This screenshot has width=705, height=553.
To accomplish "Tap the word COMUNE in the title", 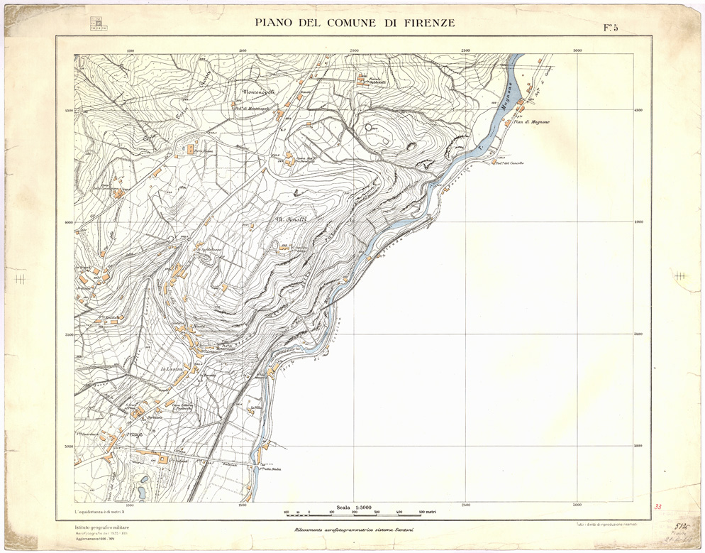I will (348, 23).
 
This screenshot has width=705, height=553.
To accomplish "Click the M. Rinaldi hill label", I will (290, 219).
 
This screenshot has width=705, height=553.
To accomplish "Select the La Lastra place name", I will (172, 369).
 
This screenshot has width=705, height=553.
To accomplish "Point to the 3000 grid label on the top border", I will (577, 50).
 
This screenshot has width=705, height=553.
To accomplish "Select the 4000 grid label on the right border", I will (639, 221).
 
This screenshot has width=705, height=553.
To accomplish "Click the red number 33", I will (657, 507).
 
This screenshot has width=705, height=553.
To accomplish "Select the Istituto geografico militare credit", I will (102, 526).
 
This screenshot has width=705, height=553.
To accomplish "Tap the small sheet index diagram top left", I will (99, 23).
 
